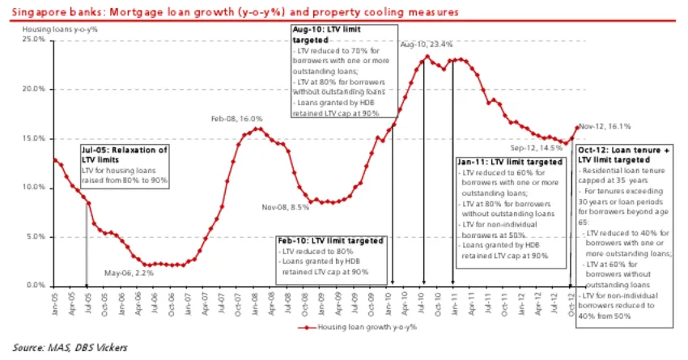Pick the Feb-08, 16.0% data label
237,119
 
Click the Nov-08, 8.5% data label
285,208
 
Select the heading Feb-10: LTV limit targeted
331,240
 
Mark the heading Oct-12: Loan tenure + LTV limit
629,155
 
